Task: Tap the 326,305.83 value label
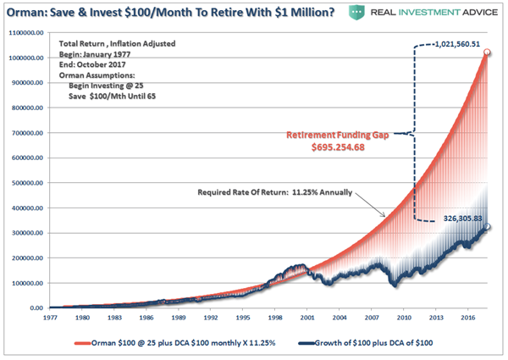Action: [x=458, y=216]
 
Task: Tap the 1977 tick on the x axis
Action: [x=52, y=318]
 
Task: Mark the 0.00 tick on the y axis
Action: [x=38, y=309]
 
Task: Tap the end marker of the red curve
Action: [x=487, y=53]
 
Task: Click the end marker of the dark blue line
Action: [x=487, y=228]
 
